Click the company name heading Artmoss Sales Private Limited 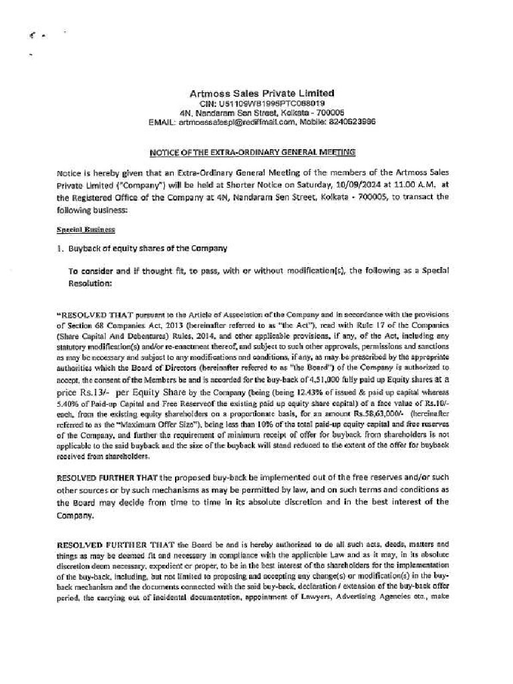click(x=261, y=94)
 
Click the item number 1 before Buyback click(x=60, y=248)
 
